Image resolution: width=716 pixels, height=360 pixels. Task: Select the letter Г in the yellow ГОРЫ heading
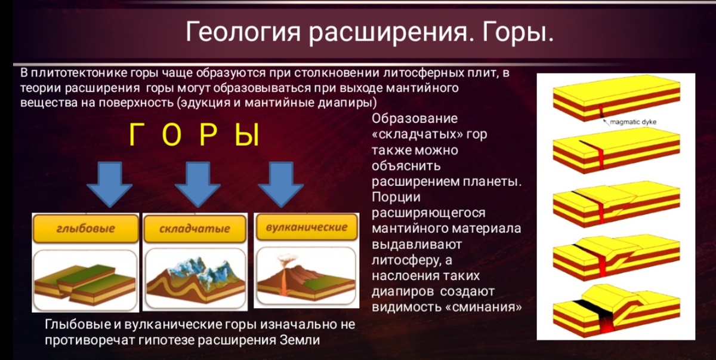137,136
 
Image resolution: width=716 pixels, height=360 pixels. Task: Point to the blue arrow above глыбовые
109,184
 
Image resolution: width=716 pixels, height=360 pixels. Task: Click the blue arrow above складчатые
197,184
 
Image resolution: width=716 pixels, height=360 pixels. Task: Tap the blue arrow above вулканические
280,184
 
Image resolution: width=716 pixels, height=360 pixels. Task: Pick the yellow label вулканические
306,227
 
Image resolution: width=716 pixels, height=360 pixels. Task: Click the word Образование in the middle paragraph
414,118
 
